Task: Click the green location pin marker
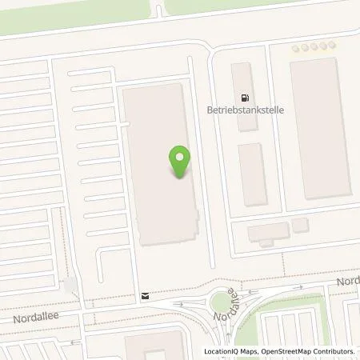point(180,162)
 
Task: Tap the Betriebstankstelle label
point(246,110)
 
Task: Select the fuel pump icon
point(244,97)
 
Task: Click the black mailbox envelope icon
point(144,296)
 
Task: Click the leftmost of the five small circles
point(295,49)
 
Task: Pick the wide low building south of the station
point(268,232)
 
